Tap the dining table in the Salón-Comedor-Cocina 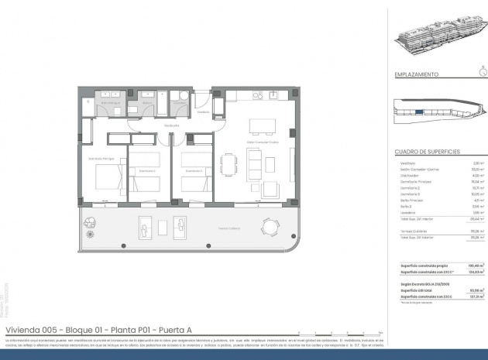pos(227,165)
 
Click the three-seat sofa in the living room pos(254,163)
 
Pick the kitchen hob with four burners pos(273,97)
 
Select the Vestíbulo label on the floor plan pos(203,112)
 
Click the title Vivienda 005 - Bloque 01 pos(98,330)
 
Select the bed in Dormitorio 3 pos(194,183)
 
